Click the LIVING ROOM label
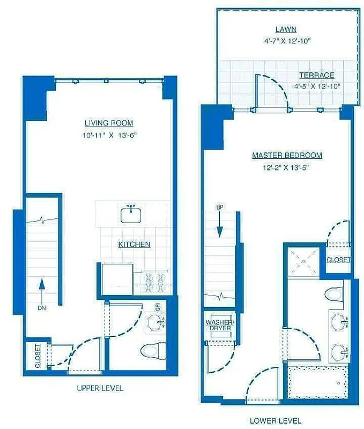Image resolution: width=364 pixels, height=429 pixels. [x=109, y=123]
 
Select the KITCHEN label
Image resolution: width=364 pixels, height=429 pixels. [x=134, y=245]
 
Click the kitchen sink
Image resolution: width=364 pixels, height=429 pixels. [x=131, y=214]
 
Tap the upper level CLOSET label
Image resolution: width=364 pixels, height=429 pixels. [x=38, y=356]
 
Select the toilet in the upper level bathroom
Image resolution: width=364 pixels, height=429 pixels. [x=153, y=351]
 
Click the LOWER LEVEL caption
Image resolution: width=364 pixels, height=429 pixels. [x=276, y=420]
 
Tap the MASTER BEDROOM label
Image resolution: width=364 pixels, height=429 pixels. [x=287, y=156]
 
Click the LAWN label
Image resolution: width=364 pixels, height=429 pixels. [x=286, y=29]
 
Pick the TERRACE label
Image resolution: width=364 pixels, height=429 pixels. [x=316, y=76]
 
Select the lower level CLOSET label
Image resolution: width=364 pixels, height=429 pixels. [x=339, y=260]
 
